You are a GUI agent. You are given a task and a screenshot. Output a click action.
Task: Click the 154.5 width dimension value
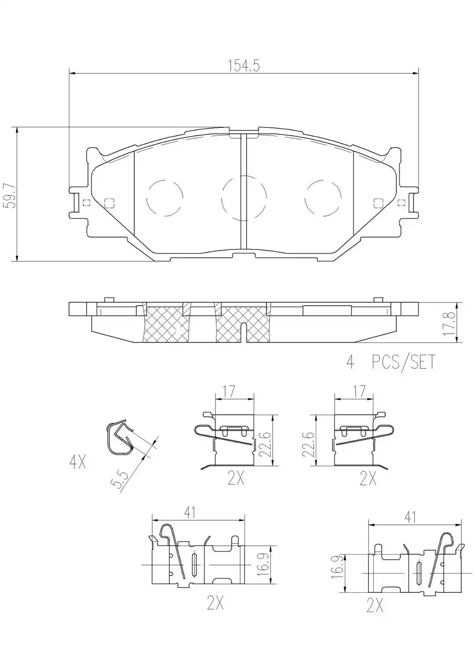click(244, 66)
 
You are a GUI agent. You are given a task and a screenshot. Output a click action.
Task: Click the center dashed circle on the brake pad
click(244, 198)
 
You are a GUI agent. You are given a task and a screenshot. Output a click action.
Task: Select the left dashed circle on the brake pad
click(164, 198)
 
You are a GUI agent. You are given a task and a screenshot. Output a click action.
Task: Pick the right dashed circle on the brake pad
click(323, 198)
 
